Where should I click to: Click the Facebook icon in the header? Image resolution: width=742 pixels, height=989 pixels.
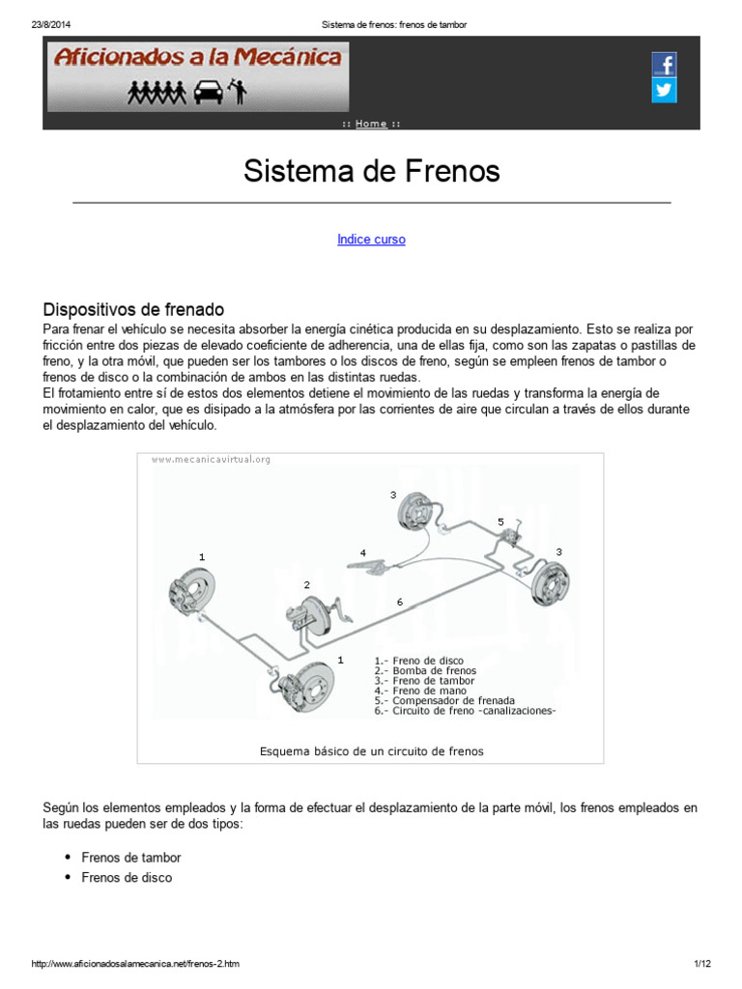[x=664, y=66]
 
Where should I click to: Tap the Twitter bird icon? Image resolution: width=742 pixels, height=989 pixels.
[x=664, y=91]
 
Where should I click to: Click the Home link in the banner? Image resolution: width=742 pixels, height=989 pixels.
[x=371, y=124]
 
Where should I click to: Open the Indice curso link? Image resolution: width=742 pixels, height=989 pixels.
[x=371, y=240]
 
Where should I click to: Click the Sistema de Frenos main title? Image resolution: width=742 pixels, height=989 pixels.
[x=371, y=172]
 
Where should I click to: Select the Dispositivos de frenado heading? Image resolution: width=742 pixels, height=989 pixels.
[x=133, y=310]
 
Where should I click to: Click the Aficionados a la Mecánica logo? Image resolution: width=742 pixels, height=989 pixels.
[x=198, y=57]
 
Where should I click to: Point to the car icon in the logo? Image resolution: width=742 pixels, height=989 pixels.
[x=206, y=93]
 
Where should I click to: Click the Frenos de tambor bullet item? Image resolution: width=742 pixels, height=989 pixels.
[x=131, y=857]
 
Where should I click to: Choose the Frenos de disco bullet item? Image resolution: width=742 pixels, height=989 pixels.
[x=127, y=877]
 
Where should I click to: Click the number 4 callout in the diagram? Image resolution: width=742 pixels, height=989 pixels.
[x=363, y=552]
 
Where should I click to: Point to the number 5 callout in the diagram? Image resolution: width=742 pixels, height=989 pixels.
[x=500, y=522]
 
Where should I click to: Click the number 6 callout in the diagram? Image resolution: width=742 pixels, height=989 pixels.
[x=399, y=602]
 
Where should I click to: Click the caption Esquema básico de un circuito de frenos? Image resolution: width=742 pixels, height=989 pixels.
[x=371, y=750]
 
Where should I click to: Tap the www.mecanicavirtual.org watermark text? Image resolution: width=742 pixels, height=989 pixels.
[x=211, y=460]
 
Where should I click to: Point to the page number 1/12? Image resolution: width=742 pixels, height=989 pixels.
[x=701, y=965]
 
